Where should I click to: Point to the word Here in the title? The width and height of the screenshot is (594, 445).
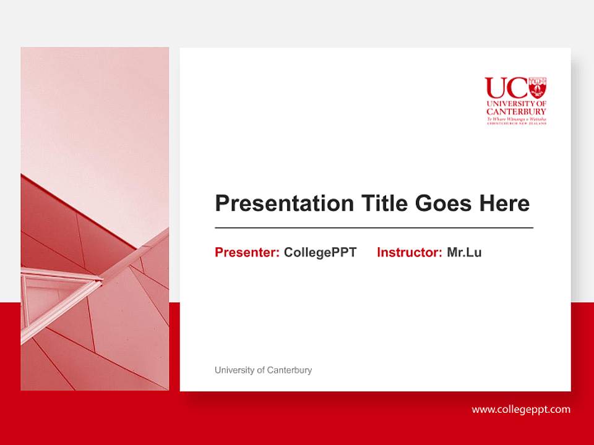(x=504, y=203)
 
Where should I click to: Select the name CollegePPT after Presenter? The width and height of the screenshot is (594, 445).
(x=320, y=252)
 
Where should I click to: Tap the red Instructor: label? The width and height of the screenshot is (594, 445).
(x=409, y=252)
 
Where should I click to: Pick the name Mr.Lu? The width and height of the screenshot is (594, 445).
(x=464, y=252)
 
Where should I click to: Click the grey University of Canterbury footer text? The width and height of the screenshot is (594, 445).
(x=263, y=370)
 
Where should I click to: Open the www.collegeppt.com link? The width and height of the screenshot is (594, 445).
(x=521, y=409)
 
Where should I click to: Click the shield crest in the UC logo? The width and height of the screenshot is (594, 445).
(x=538, y=87)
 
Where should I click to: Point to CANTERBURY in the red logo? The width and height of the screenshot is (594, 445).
(x=516, y=111)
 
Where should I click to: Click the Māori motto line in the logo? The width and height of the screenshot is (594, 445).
(x=516, y=118)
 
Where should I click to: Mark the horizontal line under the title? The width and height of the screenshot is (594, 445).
(x=374, y=228)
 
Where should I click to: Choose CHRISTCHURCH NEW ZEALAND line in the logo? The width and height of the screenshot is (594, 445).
(x=516, y=124)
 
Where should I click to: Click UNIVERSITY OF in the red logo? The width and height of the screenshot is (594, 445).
(x=516, y=103)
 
